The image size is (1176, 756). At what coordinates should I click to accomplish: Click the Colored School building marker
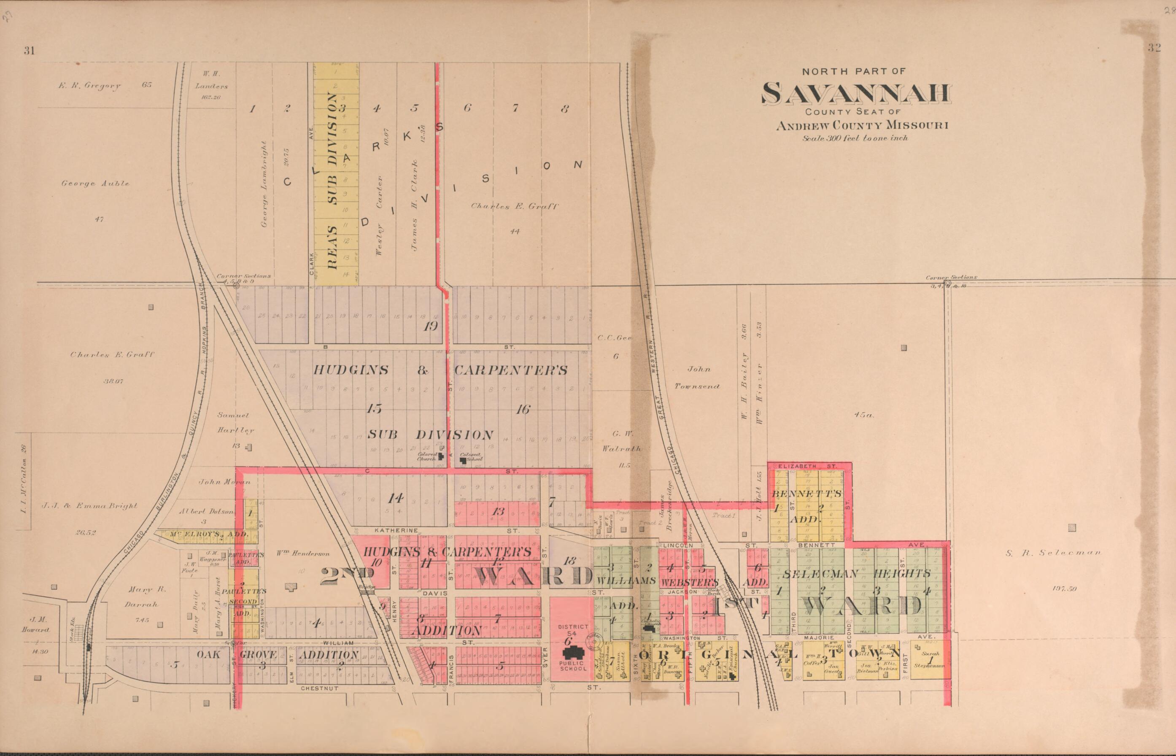(463, 460)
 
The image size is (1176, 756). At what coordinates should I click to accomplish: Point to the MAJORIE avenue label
(819, 637)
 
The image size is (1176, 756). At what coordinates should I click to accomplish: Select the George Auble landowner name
(95, 184)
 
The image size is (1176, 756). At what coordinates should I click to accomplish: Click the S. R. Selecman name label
(1052, 553)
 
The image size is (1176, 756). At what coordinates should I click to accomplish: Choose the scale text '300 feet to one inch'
(855, 138)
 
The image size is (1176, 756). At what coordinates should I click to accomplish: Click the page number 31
(29, 51)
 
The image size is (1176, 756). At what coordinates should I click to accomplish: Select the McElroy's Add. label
(207, 534)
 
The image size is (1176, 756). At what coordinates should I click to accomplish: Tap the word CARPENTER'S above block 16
(510, 370)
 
